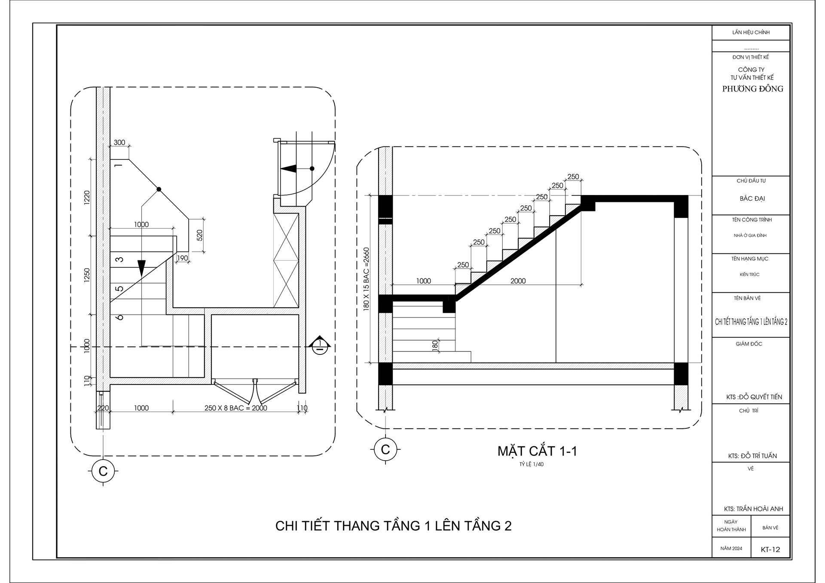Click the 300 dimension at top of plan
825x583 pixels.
[x=119, y=143]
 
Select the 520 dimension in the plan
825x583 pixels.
[x=199, y=235]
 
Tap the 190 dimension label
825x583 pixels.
[x=182, y=258]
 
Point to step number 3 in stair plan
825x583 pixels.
[x=120, y=259]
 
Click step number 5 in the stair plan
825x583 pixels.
[x=120, y=289]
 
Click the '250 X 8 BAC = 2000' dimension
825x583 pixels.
[x=235, y=408]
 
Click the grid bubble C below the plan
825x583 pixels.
[x=103, y=471]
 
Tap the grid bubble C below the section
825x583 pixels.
[x=385, y=450]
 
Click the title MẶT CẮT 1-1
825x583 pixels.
[x=537, y=451]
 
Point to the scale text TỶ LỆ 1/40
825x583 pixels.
[x=531, y=464]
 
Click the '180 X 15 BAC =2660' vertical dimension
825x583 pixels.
[x=366, y=279]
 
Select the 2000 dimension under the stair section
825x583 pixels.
[x=518, y=281]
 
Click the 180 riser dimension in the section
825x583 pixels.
[x=435, y=345]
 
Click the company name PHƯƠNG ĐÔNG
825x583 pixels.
[x=752, y=89]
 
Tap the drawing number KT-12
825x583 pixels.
[x=770, y=549]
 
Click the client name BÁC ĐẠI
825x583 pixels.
[x=752, y=198]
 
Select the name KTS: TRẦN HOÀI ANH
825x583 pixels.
[x=753, y=509]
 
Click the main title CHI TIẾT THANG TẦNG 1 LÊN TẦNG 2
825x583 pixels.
[x=393, y=526]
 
